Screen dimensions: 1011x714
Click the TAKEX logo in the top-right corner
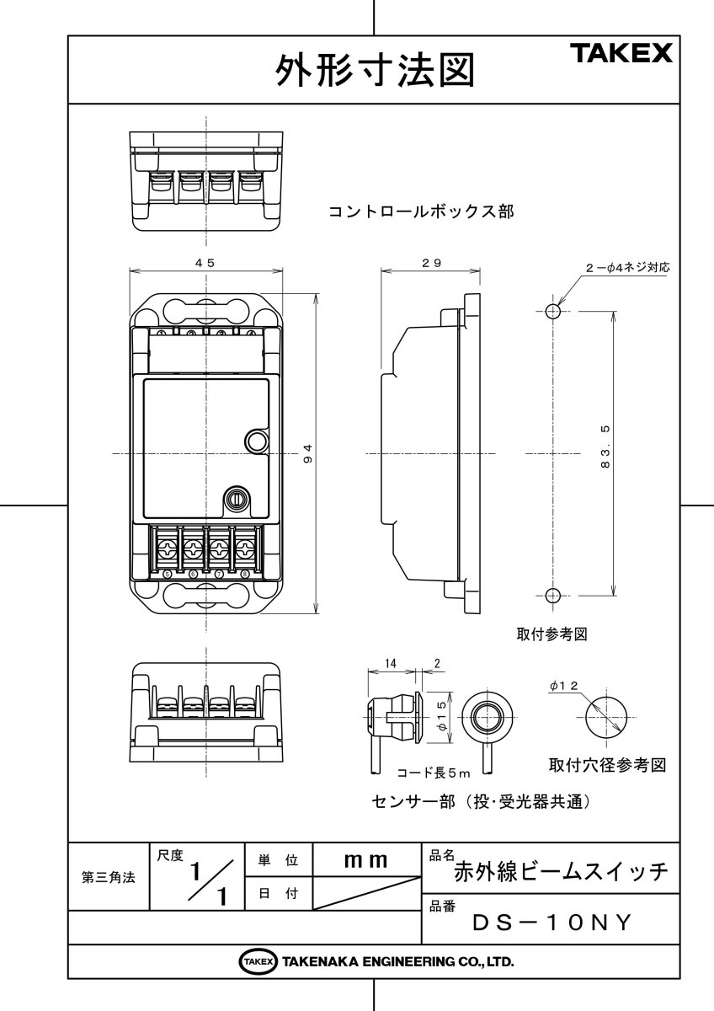[622, 55]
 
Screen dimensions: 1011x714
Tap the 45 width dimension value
[205, 263]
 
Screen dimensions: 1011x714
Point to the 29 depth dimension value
[432, 263]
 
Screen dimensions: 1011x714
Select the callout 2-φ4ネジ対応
[627, 267]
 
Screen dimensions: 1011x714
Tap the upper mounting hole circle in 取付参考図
[551, 312]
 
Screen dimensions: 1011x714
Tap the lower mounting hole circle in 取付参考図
[551, 596]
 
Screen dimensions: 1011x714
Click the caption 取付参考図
[551, 634]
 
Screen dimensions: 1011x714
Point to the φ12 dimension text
[563, 687]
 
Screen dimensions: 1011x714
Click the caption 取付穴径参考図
[607, 765]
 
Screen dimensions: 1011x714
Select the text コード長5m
[433, 771]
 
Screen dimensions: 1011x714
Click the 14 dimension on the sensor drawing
[389, 664]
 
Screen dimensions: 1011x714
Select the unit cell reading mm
[366, 860]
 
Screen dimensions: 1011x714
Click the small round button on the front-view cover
[255, 441]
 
